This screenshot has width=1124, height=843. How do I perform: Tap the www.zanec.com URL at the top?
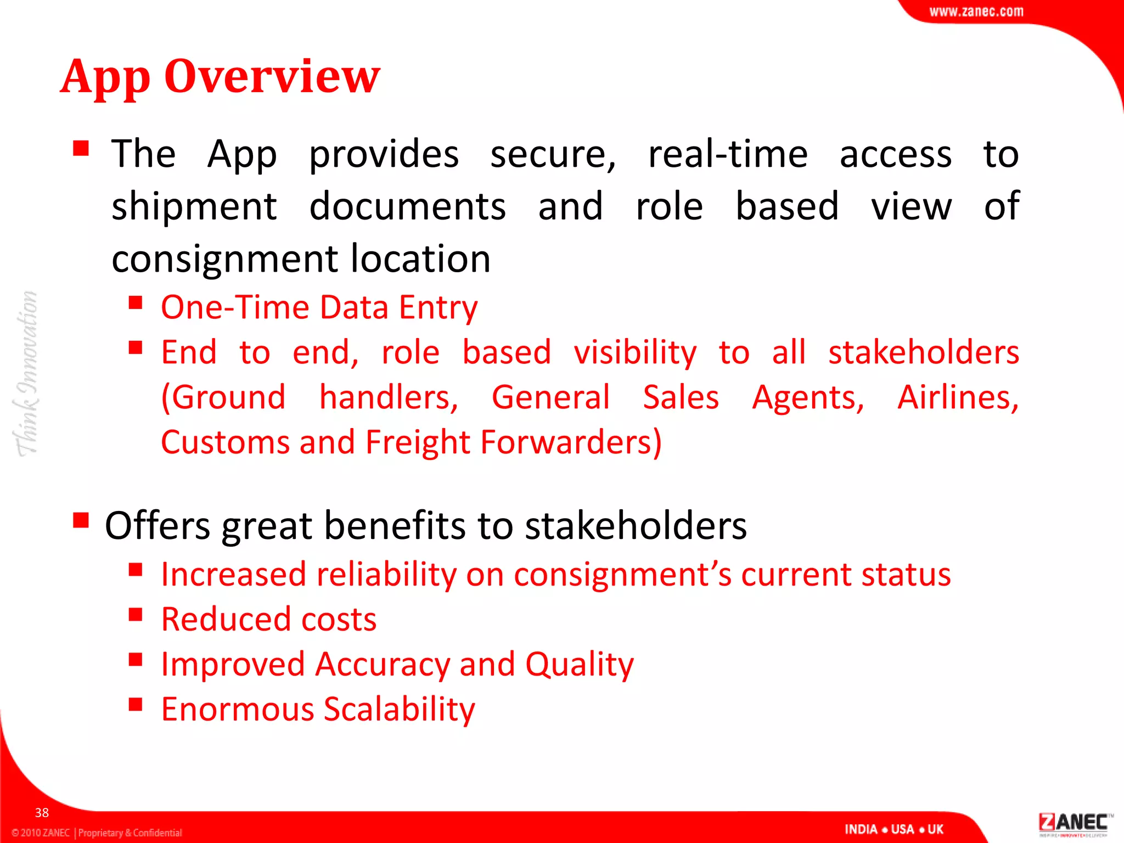coord(976,12)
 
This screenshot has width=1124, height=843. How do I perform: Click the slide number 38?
coord(42,812)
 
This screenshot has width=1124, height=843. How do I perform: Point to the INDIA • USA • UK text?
coord(893,829)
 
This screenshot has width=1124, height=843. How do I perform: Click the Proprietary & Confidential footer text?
coord(130,833)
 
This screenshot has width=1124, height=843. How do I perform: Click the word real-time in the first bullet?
coord(727,154)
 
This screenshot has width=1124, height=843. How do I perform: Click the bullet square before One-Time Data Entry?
coord(136,302)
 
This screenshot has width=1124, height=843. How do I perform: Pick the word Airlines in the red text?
coord(957,397)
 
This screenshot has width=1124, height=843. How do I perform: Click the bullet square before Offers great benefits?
coord(81,519)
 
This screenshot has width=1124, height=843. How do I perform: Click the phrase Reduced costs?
coord(269,620)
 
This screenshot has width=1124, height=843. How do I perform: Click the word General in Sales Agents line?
coord(550,397)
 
